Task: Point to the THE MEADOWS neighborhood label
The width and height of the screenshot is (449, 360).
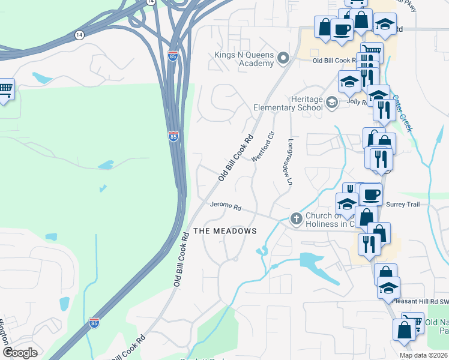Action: tap(224, 231)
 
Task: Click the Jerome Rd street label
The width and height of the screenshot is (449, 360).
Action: tap(226, 206)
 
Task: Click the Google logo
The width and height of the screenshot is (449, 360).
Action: tap(20, 353)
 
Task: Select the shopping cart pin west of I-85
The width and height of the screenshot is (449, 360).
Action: tap(5, 90)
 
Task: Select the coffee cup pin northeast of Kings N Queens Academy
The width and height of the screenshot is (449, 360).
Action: tap(342, 28)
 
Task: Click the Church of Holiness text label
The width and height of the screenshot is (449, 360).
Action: tap(331, 220)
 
